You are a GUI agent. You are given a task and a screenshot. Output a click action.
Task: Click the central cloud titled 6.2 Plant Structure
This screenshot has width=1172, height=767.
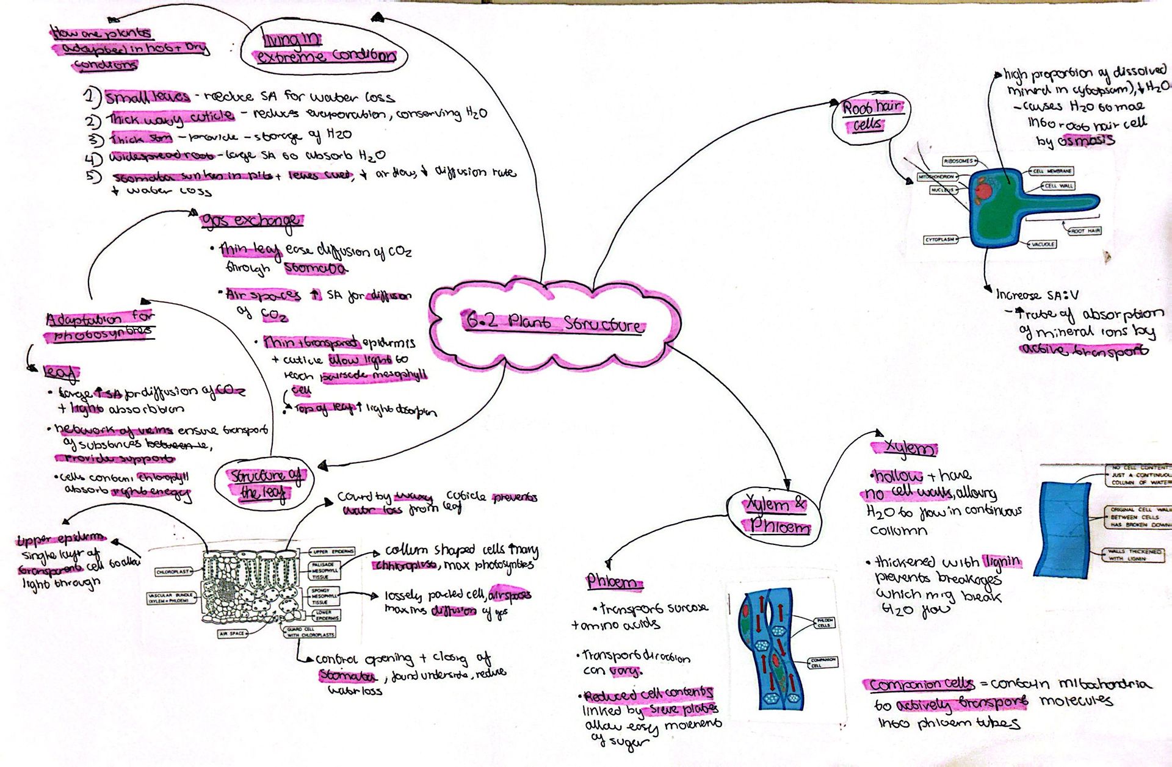click(x=553, y=322)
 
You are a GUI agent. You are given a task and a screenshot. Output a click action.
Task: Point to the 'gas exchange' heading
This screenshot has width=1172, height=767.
click(x=251, y=220)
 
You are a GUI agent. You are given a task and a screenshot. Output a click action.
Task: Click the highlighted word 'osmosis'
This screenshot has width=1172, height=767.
click(x=1086, y=140)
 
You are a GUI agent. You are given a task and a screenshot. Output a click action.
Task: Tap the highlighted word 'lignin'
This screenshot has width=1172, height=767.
click(x=1002, y=561)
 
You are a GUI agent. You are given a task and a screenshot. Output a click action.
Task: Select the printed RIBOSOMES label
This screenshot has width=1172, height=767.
click(x=958, y=161)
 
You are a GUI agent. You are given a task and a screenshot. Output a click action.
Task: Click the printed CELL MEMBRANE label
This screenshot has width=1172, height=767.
click(x=1051, y=171)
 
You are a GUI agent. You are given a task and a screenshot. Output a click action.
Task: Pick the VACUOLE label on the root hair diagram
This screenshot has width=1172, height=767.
click(x=1043, y=244)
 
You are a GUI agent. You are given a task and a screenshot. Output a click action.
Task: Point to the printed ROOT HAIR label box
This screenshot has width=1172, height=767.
click(x=1085, y=231)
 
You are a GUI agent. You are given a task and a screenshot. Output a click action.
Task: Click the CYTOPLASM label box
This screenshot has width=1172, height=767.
click(x=940, y=240)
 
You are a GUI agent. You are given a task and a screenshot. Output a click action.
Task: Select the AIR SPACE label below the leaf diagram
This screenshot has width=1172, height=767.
click(x=233, y=633)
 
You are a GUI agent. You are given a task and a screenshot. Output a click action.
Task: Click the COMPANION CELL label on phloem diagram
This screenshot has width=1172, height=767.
click(x=823, y=663)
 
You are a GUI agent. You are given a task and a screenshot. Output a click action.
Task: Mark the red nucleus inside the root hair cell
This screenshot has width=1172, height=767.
click(x=984, y=193)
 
